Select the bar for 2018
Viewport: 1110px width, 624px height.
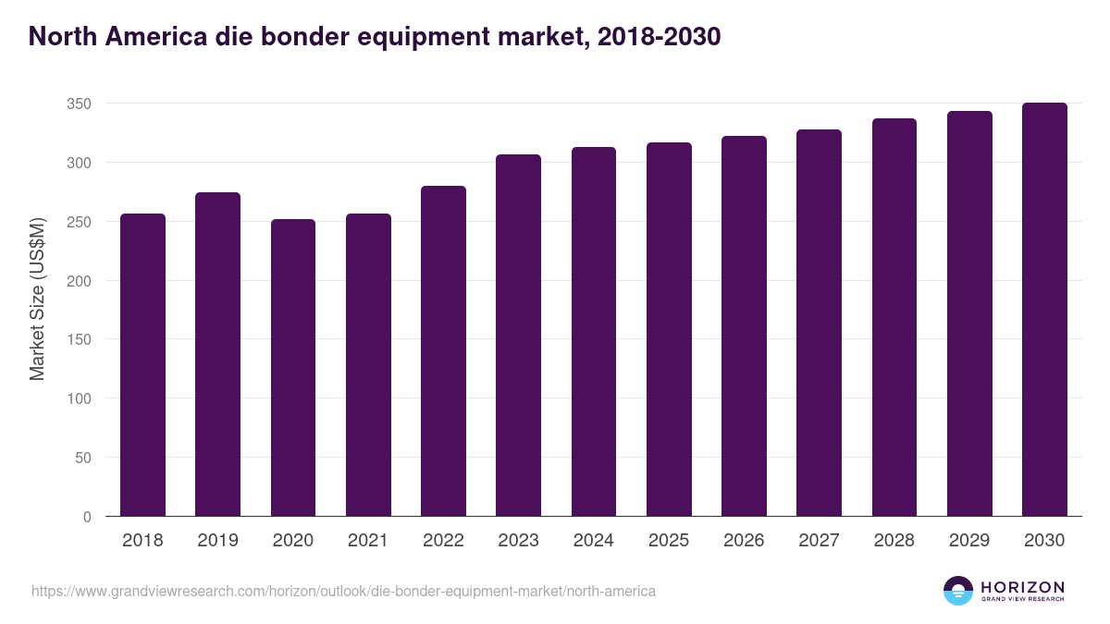tap(142, 365)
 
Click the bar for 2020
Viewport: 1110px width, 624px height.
tap(293, 368)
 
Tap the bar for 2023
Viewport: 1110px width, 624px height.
tap(518, 336)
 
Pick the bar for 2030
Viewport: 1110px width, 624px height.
tap(1044, 310)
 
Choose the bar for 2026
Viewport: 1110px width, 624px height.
tap(744, 326)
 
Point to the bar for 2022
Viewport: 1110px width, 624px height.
tap(443, 351)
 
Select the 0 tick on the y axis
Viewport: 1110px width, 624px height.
tap(87, 517)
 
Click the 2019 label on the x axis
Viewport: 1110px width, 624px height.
tap(217, 541)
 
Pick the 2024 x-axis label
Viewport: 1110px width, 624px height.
tap(593, 541)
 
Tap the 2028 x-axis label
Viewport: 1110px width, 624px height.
tap(894, 541)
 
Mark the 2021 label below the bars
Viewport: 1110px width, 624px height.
tap(368, 541)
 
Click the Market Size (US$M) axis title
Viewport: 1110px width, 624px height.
tap(37, 299)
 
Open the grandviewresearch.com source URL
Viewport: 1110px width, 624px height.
tap(343, 591)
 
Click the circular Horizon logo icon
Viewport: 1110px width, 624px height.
tap(958, 591)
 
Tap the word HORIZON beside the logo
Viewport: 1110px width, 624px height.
tap(1022, 587)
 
